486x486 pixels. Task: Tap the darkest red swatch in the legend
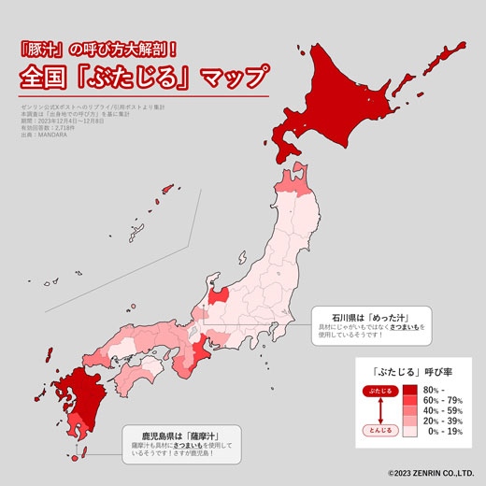pyautogui.click(x=409, y=388)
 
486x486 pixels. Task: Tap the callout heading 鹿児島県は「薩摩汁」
pyautogui.click(x=174, y=435)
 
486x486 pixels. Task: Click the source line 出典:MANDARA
pyautogui.click(x=44, y=134)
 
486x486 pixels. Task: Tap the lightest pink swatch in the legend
pyautogui.click(x=409, y=433)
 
